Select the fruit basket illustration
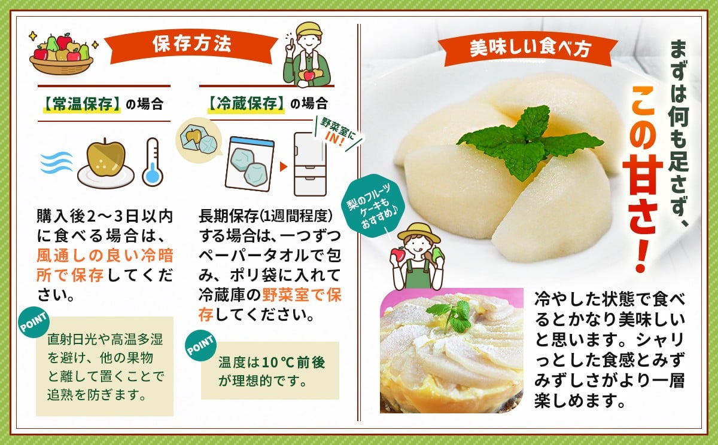pos(62,54)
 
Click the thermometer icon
pos(153,162)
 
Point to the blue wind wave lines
pos(56,162)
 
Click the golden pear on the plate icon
pos(106,162)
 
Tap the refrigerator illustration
pos(311,164)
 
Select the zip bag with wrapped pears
pos(250,164)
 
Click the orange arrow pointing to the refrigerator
pos(284,167)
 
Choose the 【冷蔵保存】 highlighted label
pos(246,104)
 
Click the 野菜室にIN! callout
pos(337,133)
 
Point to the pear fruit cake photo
pos(451,350)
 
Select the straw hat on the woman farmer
pos(419,232)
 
